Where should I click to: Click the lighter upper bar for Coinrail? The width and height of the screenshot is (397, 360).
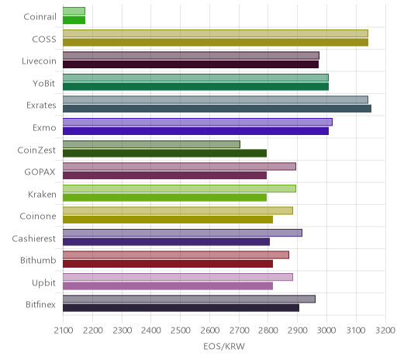74,11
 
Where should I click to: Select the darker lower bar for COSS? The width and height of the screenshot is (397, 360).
216,43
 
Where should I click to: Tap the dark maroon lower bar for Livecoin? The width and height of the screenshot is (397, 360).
191,64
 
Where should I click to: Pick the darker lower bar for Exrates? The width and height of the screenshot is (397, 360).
217,109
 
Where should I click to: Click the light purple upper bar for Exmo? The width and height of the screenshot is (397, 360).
198,122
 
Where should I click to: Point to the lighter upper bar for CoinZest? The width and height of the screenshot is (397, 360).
151,144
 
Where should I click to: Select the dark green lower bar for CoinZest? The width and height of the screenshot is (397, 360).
164,154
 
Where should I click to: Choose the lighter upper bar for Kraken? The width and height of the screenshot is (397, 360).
179,189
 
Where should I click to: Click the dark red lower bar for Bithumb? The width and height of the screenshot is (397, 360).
167,264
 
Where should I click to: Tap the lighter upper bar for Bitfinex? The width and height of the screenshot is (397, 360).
189,299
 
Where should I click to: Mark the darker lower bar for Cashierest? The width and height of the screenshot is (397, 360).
166,242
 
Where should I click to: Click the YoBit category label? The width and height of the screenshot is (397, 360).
44,84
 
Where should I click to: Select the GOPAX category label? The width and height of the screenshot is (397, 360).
40,172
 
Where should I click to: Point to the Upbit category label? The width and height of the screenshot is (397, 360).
43,282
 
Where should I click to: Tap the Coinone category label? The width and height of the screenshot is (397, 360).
38,216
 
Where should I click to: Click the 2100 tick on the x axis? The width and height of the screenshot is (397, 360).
64,331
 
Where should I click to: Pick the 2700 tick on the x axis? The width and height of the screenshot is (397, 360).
239,331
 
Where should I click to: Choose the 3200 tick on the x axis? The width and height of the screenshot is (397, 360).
385,331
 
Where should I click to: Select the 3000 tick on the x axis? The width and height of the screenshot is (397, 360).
326,331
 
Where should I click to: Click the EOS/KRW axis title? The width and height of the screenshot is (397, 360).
224,346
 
